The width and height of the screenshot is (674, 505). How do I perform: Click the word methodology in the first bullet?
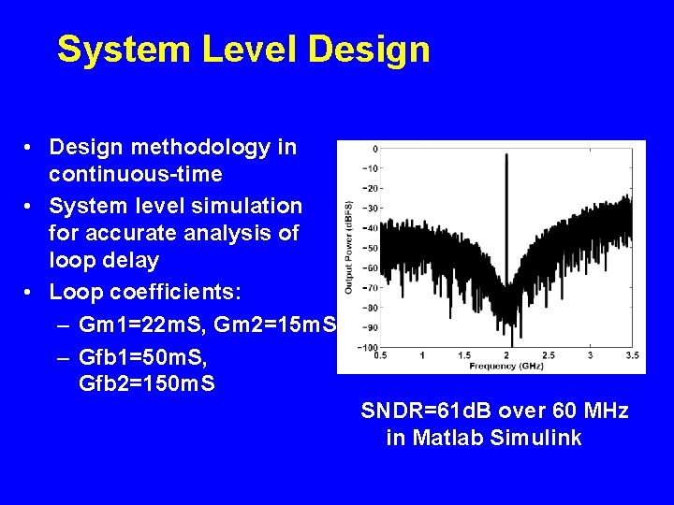coord(235,148)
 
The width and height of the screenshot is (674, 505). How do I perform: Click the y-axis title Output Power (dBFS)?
coord(349,247)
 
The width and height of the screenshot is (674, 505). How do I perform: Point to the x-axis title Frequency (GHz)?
coord(506,366)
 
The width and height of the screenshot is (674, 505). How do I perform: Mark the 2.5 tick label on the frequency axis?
coord(548,355)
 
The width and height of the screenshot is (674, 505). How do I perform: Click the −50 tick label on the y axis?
coord(370,248)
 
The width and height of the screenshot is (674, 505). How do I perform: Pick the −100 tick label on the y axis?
coord(368,347)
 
